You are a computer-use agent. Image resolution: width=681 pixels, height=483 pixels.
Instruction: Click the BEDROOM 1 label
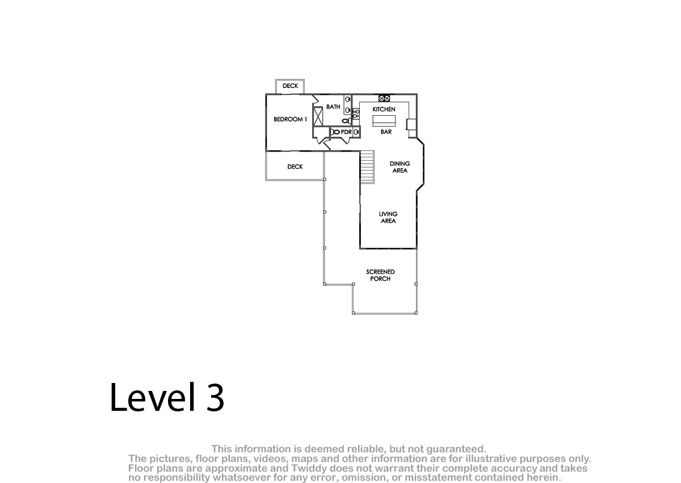[290, 119]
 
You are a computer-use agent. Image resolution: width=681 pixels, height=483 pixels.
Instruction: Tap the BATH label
[333, 107]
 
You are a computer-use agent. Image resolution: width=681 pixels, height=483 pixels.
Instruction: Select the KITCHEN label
[384, 109]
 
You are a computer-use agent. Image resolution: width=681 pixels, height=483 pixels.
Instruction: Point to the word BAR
[386, 132]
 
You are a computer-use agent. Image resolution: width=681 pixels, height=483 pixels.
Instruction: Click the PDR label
[346, 132]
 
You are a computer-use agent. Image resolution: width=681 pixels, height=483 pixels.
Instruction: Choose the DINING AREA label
[400, 167]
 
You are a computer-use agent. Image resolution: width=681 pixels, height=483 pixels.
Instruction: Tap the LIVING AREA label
[388, 217]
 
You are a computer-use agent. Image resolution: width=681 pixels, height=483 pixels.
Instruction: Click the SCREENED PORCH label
[380, 275]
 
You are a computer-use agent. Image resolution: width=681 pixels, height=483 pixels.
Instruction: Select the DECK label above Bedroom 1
[291, 86]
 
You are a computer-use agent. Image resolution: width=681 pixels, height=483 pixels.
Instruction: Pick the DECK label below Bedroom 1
[295, 167]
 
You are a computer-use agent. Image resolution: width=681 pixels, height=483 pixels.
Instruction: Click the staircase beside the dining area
[367, 167]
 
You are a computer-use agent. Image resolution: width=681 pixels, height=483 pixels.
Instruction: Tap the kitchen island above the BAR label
[384, 121]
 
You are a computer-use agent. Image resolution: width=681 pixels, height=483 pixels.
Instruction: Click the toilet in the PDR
[335, 132]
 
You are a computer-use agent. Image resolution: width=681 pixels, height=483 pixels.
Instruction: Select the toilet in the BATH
[347, 121]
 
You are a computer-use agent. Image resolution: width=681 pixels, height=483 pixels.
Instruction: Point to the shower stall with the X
[318, 116]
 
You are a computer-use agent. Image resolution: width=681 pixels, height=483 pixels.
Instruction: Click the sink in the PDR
[356, 132]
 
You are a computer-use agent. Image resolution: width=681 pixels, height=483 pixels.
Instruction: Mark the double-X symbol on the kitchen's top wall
[384, 98]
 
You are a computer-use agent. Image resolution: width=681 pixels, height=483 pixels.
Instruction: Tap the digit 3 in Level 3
[215, 397]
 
